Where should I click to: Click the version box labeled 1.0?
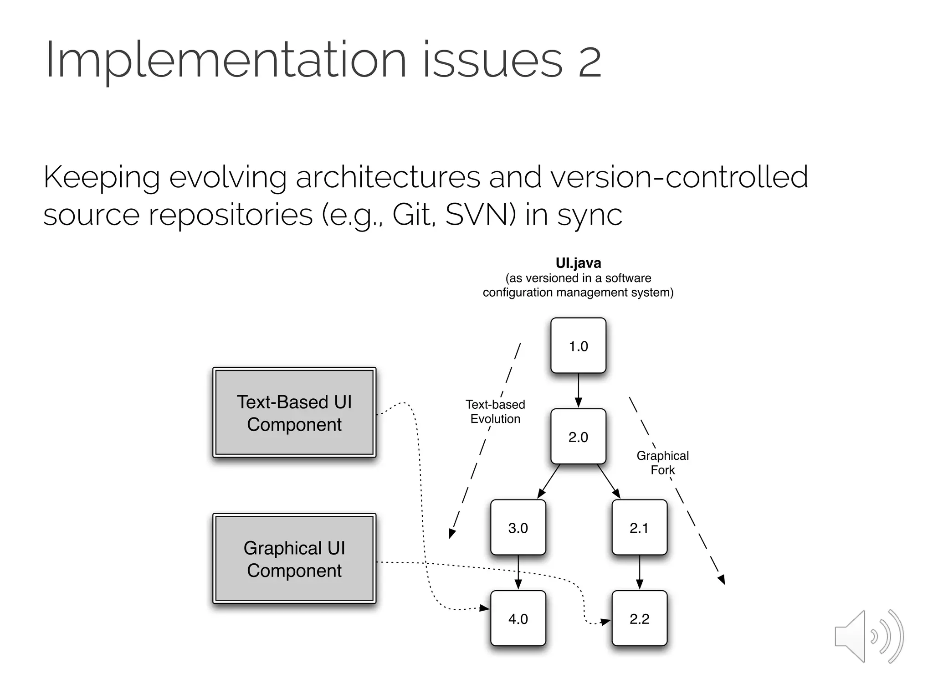pos(578,345)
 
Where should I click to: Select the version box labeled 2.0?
pos(578,437)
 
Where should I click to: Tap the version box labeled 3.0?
pos(518,528)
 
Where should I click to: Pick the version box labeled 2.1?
pos(639,528)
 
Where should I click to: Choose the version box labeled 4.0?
pos(518,618)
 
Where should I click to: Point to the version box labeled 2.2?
pos(639,618)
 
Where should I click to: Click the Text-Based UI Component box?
pos(294,412)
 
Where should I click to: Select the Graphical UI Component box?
pos(294,559)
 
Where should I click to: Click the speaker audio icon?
pos(868,637)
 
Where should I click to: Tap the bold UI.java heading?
pos(578,263)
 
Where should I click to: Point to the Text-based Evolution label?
pos(495,412)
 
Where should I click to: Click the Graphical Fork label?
pos(662,463)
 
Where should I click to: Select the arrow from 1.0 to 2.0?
pos(578,390)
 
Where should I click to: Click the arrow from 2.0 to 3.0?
pos(549,481)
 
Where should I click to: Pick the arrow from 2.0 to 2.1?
pos(609,481)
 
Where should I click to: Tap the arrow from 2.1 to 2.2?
pos(639,572)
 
